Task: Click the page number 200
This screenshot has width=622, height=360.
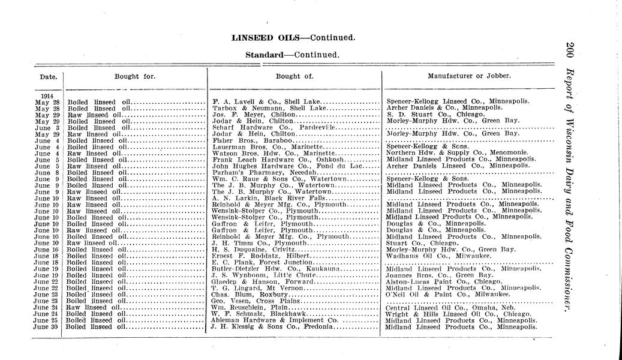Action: coord(569,53)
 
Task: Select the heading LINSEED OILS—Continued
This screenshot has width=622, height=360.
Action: coord(294,37)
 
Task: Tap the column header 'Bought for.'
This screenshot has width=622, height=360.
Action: coord(135,76)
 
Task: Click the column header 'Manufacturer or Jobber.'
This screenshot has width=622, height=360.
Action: coord(469,76)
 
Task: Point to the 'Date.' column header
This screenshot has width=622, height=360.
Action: coord(48,77)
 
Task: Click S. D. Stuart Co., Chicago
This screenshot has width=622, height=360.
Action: coord(435,114)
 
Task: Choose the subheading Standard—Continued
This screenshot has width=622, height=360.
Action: coord(293,55)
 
